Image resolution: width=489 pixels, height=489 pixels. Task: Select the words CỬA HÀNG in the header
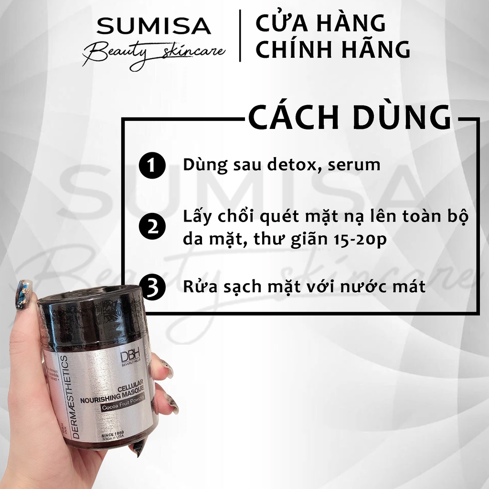click(320, 23)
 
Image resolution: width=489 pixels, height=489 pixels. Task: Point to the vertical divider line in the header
click(240, 36)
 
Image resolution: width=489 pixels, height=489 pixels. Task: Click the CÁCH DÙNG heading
click(350, 118)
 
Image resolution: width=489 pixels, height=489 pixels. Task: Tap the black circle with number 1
click(152, 166)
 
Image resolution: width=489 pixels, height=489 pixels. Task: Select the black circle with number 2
click(152, 226)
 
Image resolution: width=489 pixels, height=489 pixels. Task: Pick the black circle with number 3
click(152, 288)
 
